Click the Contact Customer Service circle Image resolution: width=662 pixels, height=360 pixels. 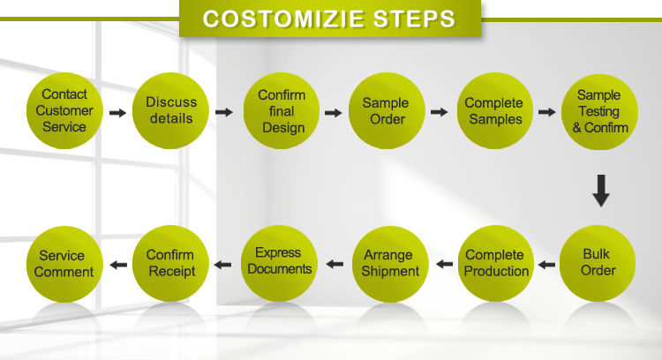pos(64,110)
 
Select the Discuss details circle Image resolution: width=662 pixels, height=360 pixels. pos(170,110)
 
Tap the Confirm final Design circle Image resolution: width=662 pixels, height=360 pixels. pos(282,110)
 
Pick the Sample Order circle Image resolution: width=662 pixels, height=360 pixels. pos(387,110)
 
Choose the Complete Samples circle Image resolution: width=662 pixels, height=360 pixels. pos(495,110)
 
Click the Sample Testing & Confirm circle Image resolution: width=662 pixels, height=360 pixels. pos(599,112)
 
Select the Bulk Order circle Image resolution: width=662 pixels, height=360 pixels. pos(598,263)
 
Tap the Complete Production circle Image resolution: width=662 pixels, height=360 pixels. pos(496,263)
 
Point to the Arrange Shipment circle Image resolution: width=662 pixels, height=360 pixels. pos(390,264)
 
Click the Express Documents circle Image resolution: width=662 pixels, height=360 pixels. pos(279,263)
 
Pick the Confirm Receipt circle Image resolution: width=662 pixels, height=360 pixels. pos(170,263)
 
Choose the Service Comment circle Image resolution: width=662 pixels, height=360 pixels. pos(64,264)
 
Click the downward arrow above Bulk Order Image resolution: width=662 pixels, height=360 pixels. pos(601,191)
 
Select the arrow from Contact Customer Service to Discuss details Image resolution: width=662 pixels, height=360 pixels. pos(117,113)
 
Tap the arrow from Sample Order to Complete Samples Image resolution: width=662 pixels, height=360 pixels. pos(439,112)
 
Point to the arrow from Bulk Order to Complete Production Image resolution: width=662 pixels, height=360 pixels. pos(546,265)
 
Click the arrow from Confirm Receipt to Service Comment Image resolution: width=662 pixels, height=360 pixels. pos(118,265)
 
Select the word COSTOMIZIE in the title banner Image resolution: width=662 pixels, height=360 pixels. pos(282,19)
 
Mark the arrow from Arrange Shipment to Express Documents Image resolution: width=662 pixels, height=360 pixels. pos(335,264)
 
